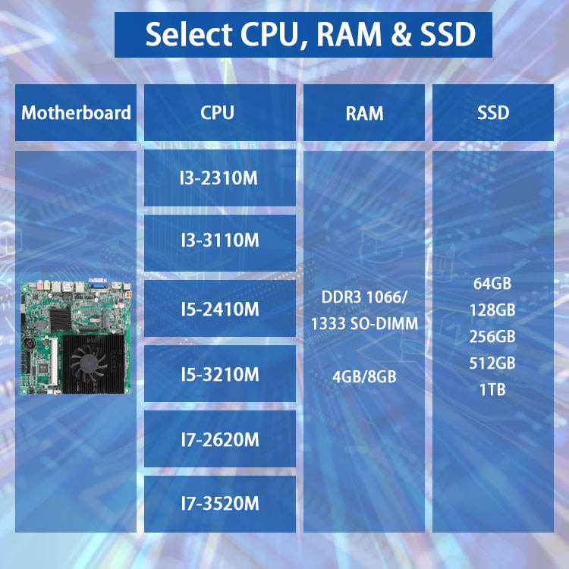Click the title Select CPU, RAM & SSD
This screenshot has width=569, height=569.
[x=303, y=35]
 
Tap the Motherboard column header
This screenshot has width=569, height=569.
[x=76, y=113]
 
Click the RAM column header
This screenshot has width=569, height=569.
[x=364, y=114]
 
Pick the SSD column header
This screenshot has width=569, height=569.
[x=493, y=113]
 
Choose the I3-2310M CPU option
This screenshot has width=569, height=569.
[x=219, y=178]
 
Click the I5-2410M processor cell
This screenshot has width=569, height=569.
[x=219, y=309]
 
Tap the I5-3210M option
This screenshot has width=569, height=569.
[x=219, y=374]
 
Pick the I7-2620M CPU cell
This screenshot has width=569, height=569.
[x=219, y=439]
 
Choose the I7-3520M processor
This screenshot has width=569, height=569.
[x=219, y=503]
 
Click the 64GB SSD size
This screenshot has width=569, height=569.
[x=492, y=284]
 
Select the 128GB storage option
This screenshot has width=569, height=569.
[x=492, y=310]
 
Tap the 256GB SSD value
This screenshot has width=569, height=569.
[x=492, y=336]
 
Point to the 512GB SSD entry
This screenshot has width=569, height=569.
[x=492, y=363]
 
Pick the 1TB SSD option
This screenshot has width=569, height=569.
[x=492, y=389]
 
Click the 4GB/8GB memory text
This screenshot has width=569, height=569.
[x=364, y=376]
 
